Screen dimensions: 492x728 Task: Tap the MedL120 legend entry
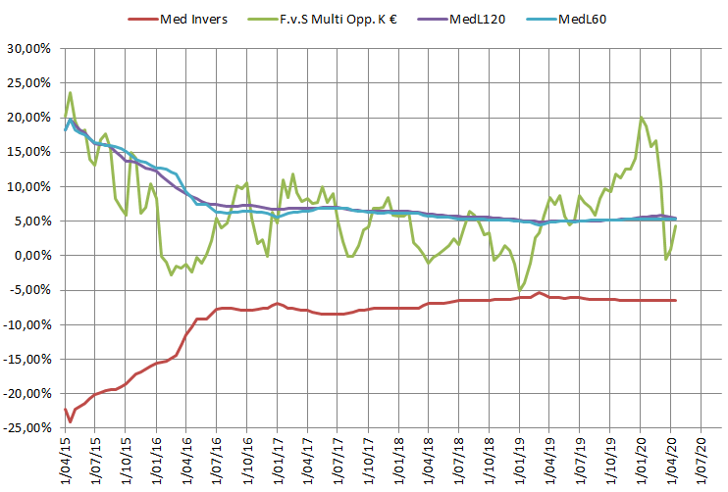coord(474,19)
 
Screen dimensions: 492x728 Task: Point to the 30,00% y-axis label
coord(29,49)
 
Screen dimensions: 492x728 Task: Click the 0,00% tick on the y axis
coord(33,256)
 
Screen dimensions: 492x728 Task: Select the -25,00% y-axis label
coord(27,428)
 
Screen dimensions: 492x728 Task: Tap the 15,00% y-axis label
coord(29,152)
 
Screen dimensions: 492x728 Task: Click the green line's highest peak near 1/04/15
coord(71,93)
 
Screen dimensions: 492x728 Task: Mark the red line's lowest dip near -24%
coord(71,422)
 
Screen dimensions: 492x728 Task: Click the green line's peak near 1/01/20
coord(642,119)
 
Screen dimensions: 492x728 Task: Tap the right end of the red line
coord(676,300)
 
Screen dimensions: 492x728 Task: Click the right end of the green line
coord(676,226)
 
